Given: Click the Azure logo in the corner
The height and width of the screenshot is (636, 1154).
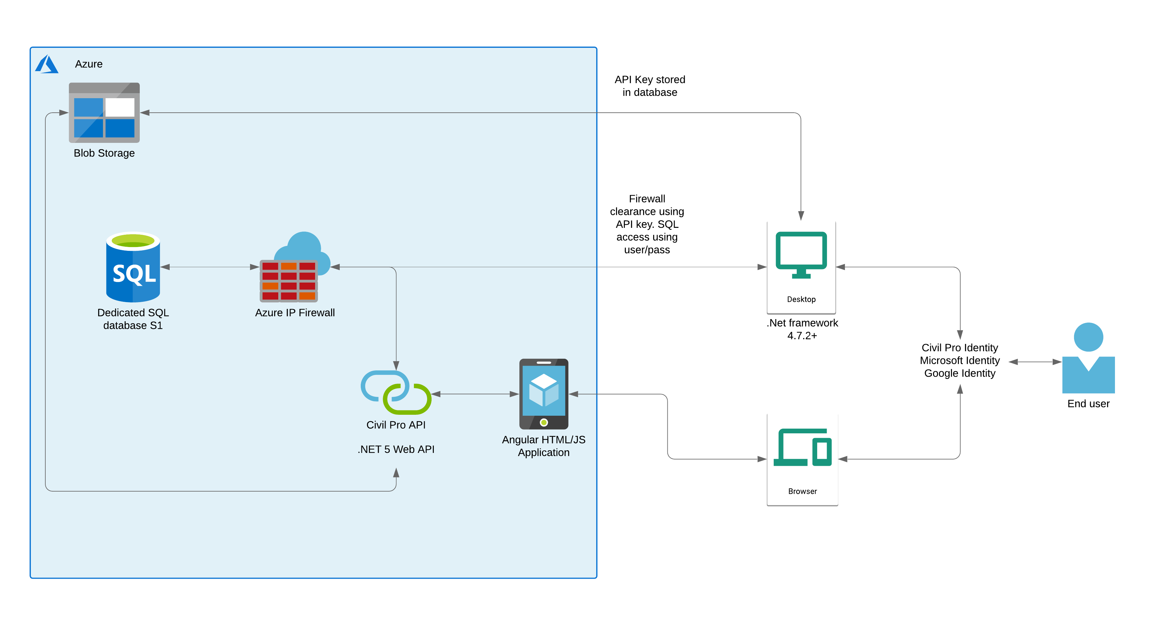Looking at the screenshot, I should click(x=47, y=64).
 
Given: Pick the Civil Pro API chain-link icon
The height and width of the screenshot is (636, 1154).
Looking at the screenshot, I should click(x=396, y=392).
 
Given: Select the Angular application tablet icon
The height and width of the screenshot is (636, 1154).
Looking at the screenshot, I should click(x=544, y=394).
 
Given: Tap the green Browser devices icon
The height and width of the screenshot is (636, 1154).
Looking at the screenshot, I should click(x=802, y=447).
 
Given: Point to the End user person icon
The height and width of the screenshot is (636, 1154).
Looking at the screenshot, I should click(x=1088, y=358).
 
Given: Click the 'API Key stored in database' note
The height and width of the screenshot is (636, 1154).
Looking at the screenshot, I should click(x=650, y=86).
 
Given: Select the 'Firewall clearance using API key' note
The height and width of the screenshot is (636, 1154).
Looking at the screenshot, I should click(x=647, y=224).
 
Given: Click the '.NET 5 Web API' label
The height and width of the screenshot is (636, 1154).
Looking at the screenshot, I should click(x=396, y=449).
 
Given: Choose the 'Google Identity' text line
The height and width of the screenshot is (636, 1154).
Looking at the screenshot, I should click(x=959, y=373).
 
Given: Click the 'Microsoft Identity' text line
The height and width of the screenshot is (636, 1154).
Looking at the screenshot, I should click(x=959, y=361).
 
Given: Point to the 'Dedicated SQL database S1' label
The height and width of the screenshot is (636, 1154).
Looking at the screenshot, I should click(x=133, y=319).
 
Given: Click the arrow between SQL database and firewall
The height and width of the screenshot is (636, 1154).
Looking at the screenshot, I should click(x=210, y=267).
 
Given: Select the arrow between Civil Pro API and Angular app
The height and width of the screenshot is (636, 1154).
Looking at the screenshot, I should click(x=475, y=394).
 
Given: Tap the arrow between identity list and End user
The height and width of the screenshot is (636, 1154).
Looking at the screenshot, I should click(x=1035, y=362).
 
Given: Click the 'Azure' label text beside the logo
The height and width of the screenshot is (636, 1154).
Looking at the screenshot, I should click(x=89, y=64).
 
